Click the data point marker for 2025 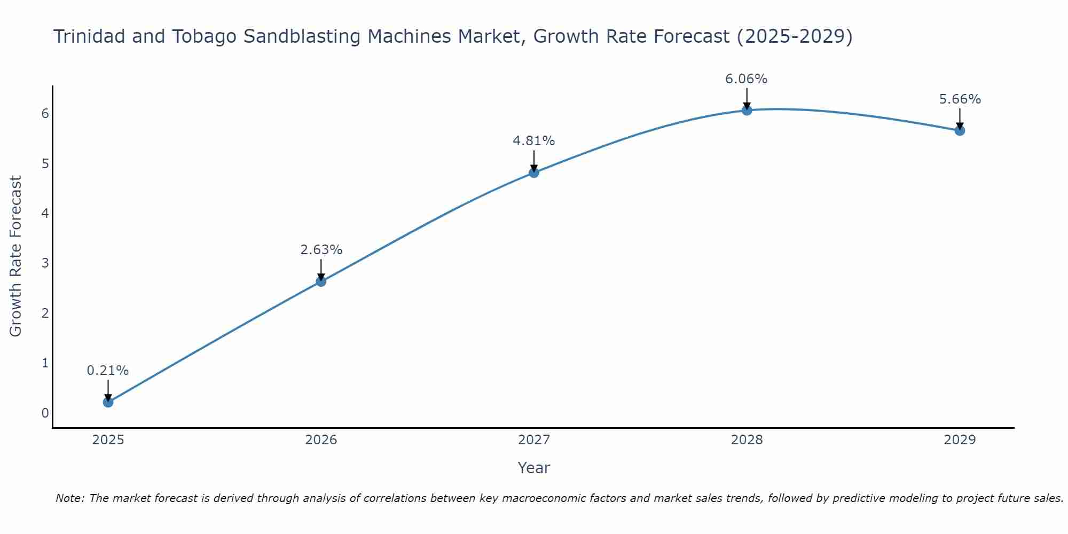pos(108,402)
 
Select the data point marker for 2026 pos(321,281)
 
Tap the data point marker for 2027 pos(533,172)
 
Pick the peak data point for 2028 pos(747,111)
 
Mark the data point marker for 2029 pos(960,130)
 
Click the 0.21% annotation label pos(108,371)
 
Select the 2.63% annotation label pos(321,250)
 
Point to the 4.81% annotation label pos(533,141)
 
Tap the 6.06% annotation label pos(746,79)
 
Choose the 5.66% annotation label pos(960,99)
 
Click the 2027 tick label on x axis pos(533,440)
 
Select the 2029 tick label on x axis pos(960,440)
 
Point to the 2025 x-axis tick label pos(108,440)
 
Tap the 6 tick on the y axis pos(45,113)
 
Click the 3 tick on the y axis pos(45,263)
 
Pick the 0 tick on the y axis pos(45,413)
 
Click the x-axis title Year pos(533,468)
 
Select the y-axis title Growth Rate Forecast pos(16,256)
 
